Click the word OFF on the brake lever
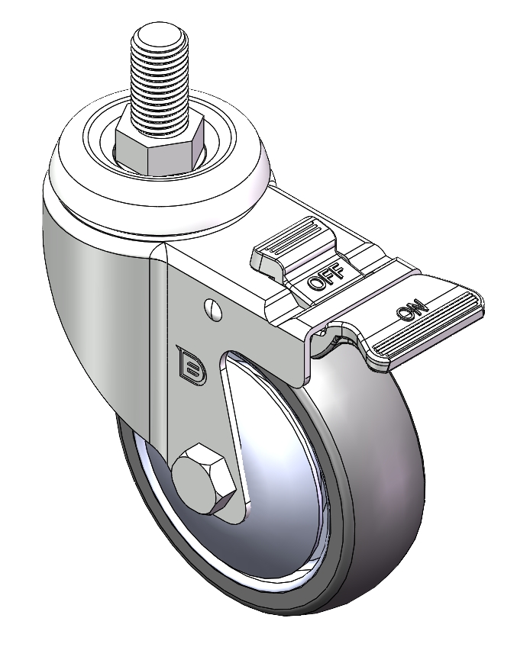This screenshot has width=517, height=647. point(326,276)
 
